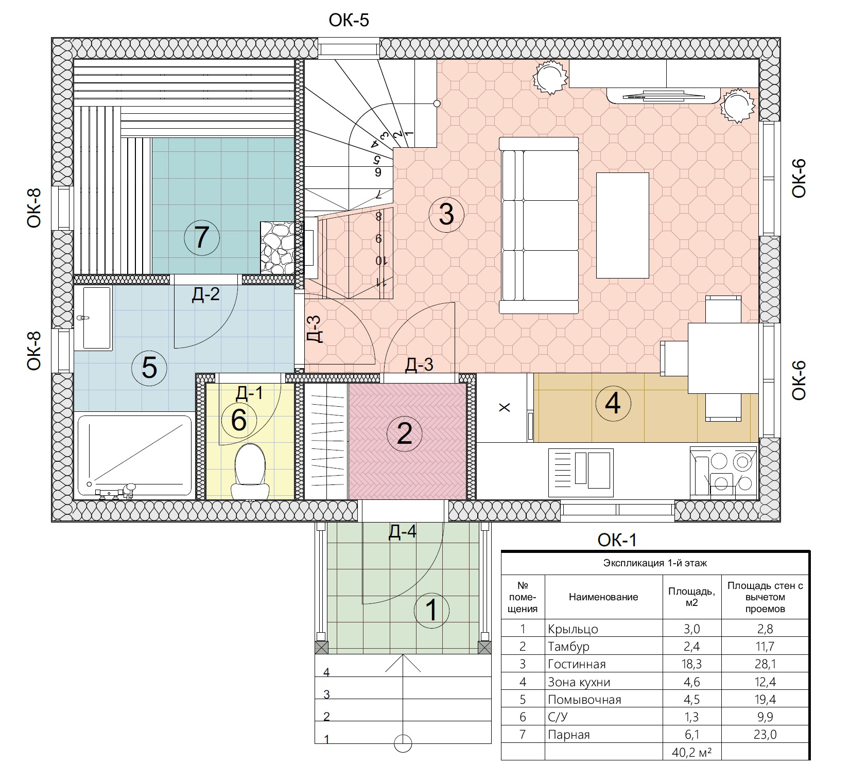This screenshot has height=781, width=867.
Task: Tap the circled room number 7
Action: pyautogui.click(x=202, y=238)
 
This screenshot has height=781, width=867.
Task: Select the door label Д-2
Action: pyautogui.click(x=206, y=294)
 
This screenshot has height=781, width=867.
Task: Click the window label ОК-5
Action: pyautogui.click(x=349, y=21)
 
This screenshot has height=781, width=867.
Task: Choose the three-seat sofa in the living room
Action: pyautogui.click(x=539, y=224)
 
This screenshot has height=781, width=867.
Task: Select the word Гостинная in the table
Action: pyautogui.click(x=577, y=664)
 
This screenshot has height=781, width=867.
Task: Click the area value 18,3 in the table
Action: pyautogui.click(x=691, y=664)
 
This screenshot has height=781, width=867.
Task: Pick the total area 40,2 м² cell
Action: pyautogui.click(x=691, y=752)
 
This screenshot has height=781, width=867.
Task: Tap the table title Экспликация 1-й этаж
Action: pyautogui.click(x=655, y=563)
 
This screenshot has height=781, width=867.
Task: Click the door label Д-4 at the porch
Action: pyautogui.click(x=403, y=532)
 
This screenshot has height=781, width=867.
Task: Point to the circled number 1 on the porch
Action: pyautogui.click(x=432, y=610)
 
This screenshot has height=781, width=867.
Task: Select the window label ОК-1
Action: pyautogui.click(x=617, y=540)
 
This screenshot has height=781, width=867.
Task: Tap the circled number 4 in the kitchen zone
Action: pyautogui.click(x=613, y=403)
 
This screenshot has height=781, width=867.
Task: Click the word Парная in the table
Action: pyautogui.click(x=569, y=735)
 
